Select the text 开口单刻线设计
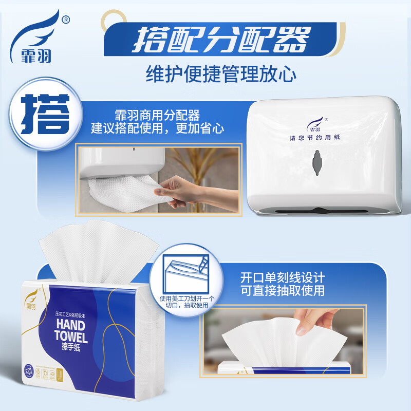tap(283, 278)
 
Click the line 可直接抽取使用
tap(283, 291)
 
